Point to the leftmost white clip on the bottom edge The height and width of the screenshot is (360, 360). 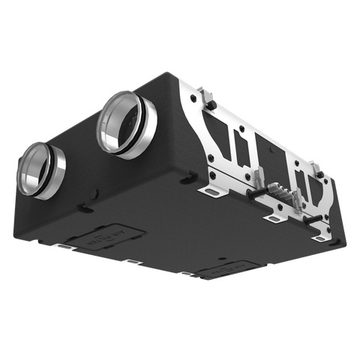(x=65, y=246)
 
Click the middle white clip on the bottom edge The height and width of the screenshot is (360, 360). (x=132, y=262)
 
